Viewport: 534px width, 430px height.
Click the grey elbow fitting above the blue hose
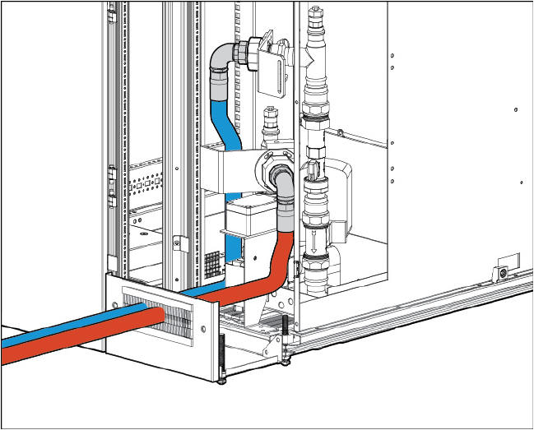pos(220,59)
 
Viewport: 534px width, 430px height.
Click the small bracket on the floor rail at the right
pos(501,271)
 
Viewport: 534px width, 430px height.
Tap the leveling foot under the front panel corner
pos(222,379)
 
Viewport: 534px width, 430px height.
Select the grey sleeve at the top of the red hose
pos(284,218)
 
